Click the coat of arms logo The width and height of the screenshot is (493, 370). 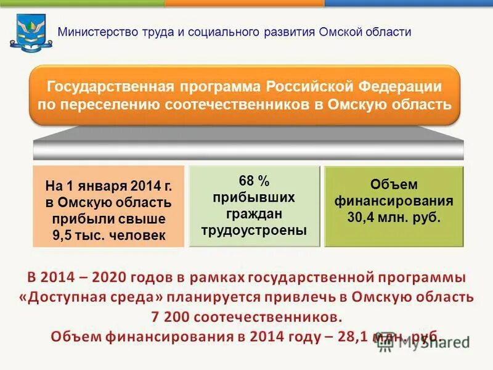tap(27, 33)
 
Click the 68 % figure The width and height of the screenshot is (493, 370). tap(254, 181)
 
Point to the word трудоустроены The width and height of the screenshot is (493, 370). tap(254, 230)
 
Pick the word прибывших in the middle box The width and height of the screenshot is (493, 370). tap(254, 197)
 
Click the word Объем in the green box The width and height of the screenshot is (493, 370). tap(393, 184)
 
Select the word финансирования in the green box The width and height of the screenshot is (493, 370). tap(393, 201)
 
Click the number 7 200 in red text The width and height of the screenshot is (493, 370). tap(170, 317)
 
